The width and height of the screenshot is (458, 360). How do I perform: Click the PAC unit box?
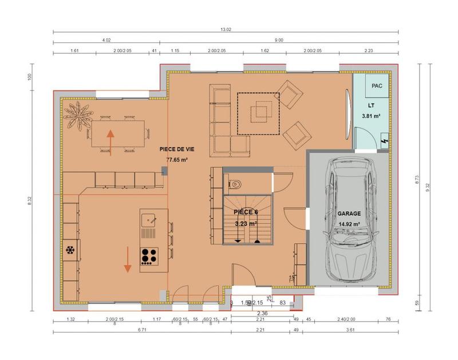[376, 86]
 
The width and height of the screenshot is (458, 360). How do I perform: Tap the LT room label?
[371, 106]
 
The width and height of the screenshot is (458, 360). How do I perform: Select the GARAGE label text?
[349, 213]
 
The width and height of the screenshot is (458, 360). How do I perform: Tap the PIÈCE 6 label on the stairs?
[246, 212]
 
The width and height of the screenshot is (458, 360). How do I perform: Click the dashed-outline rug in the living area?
[259, 113]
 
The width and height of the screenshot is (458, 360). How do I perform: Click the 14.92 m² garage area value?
[349, 224]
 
